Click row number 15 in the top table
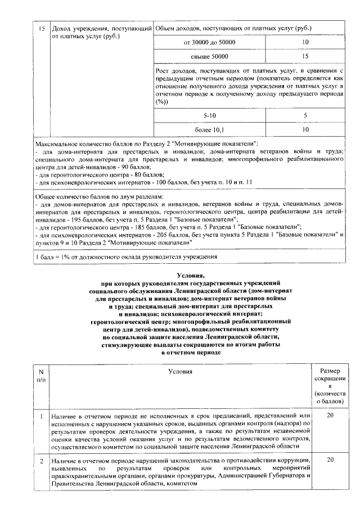click(41, 28)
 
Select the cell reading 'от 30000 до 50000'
click(210, 42)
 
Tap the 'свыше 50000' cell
click(210, 56)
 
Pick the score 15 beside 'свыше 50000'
click(305, 56)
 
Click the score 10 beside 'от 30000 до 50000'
click(305, 42)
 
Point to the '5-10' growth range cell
click(210, 115)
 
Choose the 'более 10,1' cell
click(210, 129)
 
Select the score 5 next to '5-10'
click(305, 115)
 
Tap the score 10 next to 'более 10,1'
click(305, 129)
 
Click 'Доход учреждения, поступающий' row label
click(101, 28)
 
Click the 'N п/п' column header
click(41, 376)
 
